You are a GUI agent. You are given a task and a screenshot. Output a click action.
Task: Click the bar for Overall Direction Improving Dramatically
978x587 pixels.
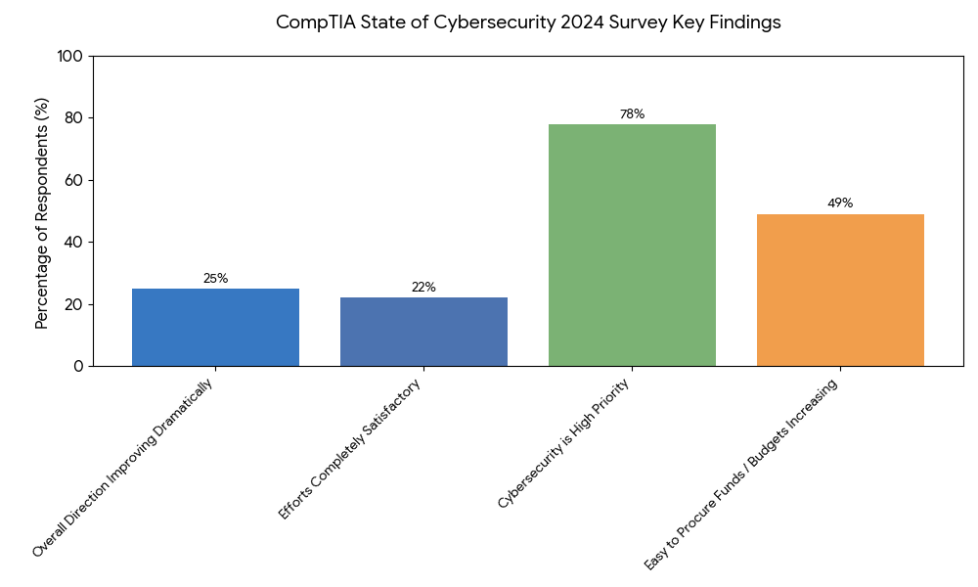click(x=215, y=327)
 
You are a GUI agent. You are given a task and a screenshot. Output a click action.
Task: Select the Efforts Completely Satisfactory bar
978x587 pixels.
click(x=423, y=332)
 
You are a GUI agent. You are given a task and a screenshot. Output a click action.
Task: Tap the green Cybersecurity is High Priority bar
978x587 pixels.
click(x=632, y=245)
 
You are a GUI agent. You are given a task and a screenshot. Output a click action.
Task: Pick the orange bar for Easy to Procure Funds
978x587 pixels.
click(x=840, y=290)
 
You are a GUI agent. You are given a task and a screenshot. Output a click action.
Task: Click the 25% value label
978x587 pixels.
click(x=215, y=279)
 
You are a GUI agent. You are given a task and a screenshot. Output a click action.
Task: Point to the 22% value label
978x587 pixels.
click(x=423, y=288)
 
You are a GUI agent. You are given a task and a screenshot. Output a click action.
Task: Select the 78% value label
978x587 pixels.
click(x=632, y=114)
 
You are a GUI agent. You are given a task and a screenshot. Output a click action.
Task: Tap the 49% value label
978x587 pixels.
click(x=840, y=203)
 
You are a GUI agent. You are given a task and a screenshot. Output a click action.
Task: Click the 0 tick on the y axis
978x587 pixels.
click(x=78, y=366)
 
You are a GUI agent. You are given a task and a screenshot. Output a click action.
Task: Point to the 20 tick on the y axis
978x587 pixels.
click(x=73, y=304)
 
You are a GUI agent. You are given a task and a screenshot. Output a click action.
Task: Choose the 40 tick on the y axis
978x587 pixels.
click(x=73, y=242)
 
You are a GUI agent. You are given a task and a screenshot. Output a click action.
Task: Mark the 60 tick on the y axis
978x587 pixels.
click(x=73, y=180)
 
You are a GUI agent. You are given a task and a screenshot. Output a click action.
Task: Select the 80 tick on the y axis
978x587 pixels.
click(x=73, y=118)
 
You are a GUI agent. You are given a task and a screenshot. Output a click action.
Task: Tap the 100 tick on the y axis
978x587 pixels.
click(x=69, y=57)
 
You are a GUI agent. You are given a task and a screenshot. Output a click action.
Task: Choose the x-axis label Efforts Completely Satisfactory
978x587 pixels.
click(x=351, y=449)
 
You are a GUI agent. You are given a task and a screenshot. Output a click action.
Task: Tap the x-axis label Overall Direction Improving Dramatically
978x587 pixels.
click(x=123, y=468)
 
